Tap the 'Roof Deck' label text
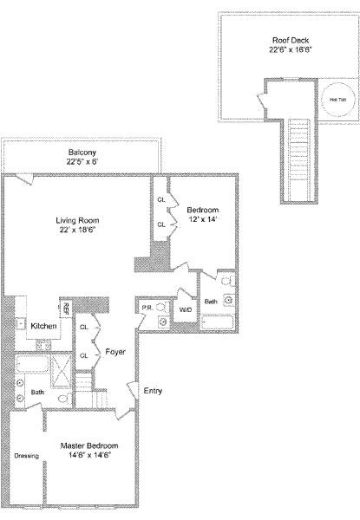(290, 39)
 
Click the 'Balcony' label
(83, 151)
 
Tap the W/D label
(185, 309)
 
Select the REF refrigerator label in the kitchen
(66, 309)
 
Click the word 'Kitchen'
(44, 326)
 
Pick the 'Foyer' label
(116, 353)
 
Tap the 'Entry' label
(152, 391)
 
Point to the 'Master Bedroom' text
(89, 445)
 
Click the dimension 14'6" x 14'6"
(89, 456)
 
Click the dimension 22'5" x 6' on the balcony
(83, 161)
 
